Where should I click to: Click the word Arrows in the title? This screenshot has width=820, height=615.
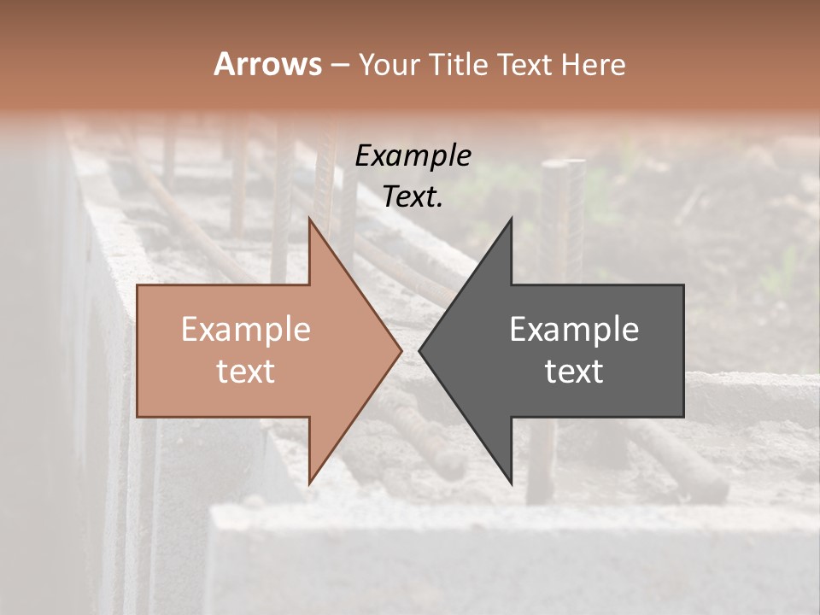coord(267,64)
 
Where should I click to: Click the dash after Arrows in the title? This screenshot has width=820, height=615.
coord(339,65)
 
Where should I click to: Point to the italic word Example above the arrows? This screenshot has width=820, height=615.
coord(413,156)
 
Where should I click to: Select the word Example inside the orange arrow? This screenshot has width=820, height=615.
coord(246,330)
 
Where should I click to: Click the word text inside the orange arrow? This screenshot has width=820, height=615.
coord(246,372)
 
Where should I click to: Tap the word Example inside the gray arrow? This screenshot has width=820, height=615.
coord(574,330)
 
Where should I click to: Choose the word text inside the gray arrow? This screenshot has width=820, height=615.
coord(574,372)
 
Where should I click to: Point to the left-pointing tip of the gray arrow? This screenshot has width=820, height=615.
coord(420,351)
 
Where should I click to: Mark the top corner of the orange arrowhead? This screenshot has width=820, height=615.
coord(309,220)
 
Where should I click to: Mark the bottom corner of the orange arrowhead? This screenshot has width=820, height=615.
coord(309,483)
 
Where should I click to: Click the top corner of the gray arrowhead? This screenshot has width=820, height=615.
coord(511,220)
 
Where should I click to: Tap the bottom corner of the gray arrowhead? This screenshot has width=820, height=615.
coord(511,483)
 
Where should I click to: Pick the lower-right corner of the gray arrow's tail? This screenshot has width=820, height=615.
coord(682,417)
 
